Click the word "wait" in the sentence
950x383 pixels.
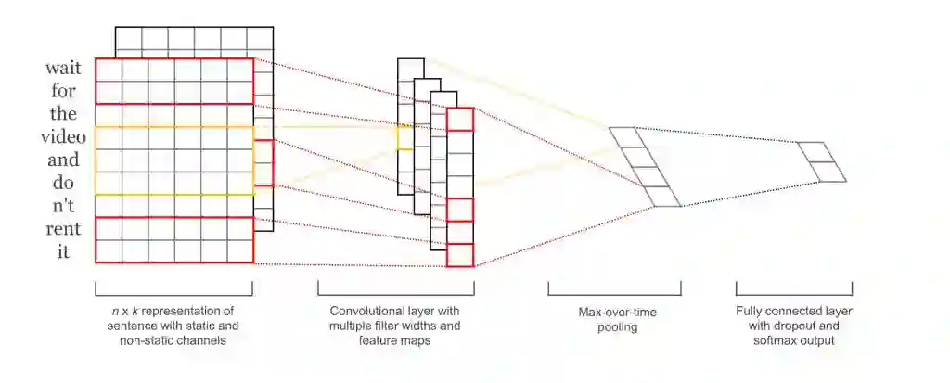(x=67, y=70)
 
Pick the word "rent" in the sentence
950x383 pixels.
(x=67, y=228)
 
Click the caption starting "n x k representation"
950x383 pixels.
(x=173, y=326)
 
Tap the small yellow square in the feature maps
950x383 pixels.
(x=404, y=137)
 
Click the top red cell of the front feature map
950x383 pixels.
(x=459, y=119)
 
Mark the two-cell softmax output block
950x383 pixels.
(x=822, y=162)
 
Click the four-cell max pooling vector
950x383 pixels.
(x=645, y=167)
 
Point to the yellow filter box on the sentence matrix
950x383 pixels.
(x=173, y=160)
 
